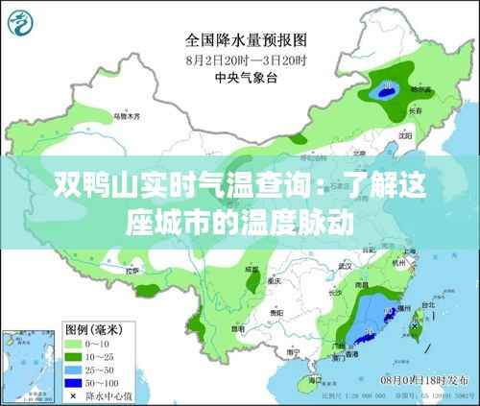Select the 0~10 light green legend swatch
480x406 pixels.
click(74, 342)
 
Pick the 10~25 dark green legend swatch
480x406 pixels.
click(74, 355)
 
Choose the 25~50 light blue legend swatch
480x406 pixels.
click(74, 368)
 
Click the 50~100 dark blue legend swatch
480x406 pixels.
click(74, 381)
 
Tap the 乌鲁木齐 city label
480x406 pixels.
click(126, 116)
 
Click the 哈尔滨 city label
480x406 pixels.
click(420, 88)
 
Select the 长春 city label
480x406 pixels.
click(416, 110)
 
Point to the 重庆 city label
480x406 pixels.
click(276, 281)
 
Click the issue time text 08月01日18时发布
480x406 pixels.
click(427, 382)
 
